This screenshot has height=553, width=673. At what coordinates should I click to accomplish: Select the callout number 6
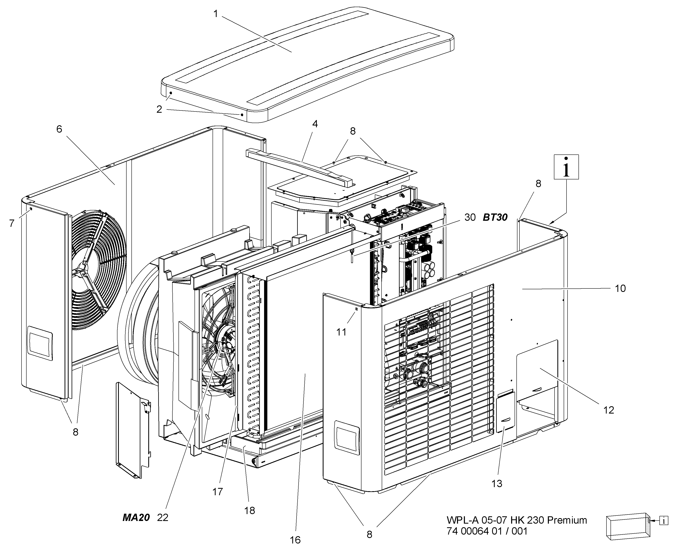click(59, 129)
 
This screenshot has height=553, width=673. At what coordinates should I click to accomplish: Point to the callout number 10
click(620, 289)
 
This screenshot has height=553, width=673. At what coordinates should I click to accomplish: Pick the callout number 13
click(497, 483)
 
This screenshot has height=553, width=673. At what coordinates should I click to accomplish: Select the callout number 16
click(295, 540)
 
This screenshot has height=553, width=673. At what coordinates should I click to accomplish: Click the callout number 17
click(218, 492)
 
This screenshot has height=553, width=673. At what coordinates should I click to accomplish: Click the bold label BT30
click(495, 218)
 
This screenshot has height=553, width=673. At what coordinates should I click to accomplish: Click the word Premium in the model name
click(567, 520)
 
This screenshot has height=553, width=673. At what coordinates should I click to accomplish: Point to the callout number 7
click(12, 224)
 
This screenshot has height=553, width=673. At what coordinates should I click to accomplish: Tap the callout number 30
click(470, 218)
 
